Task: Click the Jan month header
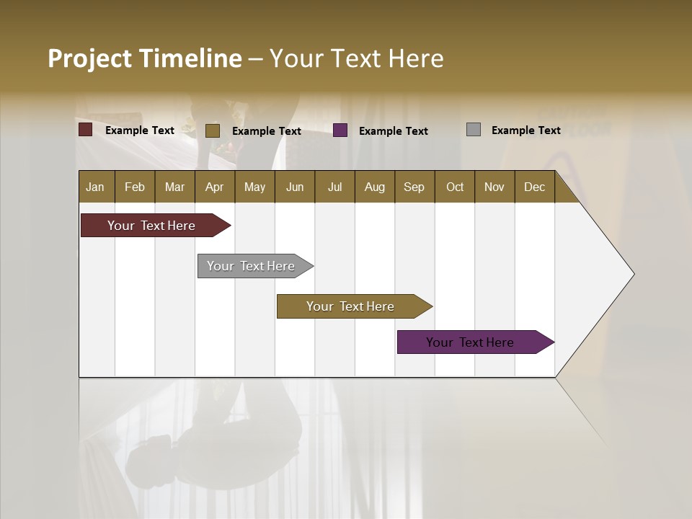coord(96,187)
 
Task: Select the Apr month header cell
coord(215,187)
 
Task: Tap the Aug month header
coord(375,187)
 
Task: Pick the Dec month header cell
coord(535,187)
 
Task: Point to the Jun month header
coord(295,187)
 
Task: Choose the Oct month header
coord(455,187)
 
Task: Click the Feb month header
coord(135,187)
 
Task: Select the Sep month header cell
coord(414,187)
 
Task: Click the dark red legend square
coord(86,130)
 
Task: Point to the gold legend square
coord(212,130)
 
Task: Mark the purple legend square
coord(340,130)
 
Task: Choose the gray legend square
coord(474,130)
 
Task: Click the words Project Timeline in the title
coord(145,58)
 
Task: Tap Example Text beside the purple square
coord(394,131)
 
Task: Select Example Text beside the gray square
coord(526,130)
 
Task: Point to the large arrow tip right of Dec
coord(605,274)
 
